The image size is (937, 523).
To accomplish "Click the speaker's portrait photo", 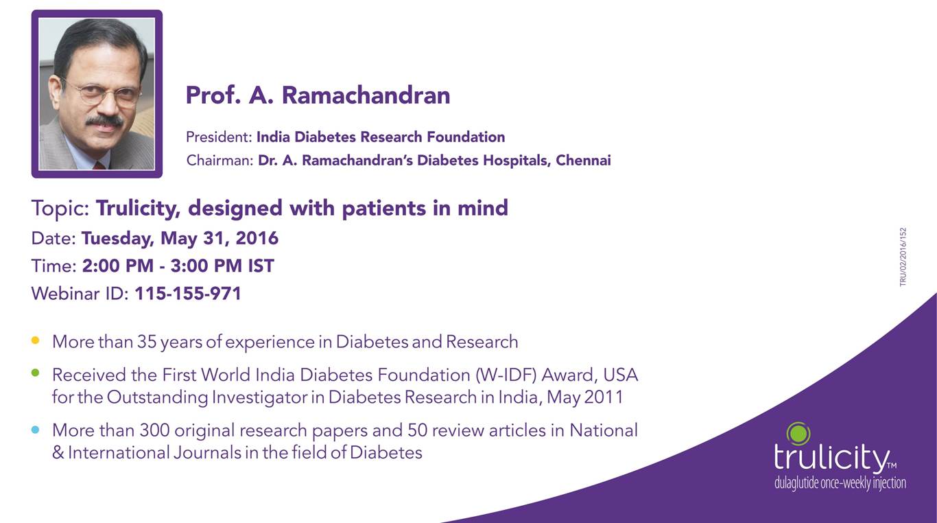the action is pyautogui.click(x=97, y=94).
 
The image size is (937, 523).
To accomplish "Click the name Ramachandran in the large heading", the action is pyautogui.click(x=366, y=95).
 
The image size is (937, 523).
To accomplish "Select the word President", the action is pyautogui.click(x=219, y=137).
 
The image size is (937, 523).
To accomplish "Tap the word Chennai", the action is pyautogui.click(x=583, y=160).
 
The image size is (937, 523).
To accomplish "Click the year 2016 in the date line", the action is pyautogui.click(x=257, y=238).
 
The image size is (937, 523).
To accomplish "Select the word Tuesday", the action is pyautogui.click(x=117, y=239).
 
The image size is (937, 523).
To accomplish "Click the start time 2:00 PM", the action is pyautogui.click(x=118, y=266).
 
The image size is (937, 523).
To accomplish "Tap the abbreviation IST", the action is pyautogui.click(x=261, y=266).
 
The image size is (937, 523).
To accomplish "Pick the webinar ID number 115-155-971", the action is pyautogui.click(x=188, y=293).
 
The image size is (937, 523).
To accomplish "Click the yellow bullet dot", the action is pyautogui.click(x=36, y=340).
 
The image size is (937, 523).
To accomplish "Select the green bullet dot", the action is pyautogui.click(x=36, y=373).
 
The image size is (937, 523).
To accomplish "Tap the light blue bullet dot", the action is pyautogui.click(x=36, y=429).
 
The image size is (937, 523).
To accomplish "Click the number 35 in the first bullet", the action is pyautogui.click(x=146, y=342).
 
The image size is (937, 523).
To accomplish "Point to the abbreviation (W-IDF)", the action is pyautogui.click(x=506, y=375).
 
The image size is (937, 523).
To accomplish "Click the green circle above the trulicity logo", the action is pyautogui.click(x=798, y=434).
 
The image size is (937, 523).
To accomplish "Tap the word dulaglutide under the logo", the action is pyautogui.click(x=796, y=483).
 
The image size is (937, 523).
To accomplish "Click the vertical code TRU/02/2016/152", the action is pyautogui.click(x=903, y=257).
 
